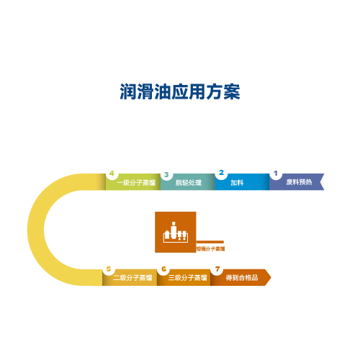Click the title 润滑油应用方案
coord(180,91)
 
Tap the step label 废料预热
coord(299,182)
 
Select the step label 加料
coord(237,183)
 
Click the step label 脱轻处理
coord(189,183)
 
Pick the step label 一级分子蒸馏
coord(136,183)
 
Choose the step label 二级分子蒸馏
coord(132,278)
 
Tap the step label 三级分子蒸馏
coord(187,278)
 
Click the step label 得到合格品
coord(242,278)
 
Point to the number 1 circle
coord(276,174)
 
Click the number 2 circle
coord(221,173)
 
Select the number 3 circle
coord(166,174)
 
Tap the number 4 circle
coord(112,174)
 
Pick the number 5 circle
coord(109,269)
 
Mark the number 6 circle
coord(163,269)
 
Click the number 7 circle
coord(217,269)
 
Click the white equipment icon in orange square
coord(176,232)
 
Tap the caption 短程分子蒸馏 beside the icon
coord(210,249)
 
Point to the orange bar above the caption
coord(210,242)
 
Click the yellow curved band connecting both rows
coord(35,230)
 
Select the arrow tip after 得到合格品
coord(271,278)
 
